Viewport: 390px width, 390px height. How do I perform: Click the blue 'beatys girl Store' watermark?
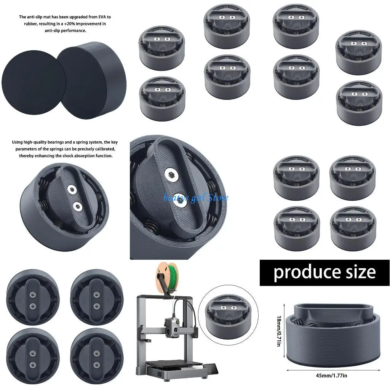point(196,198)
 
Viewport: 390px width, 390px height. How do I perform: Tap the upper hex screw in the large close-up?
point(172,175)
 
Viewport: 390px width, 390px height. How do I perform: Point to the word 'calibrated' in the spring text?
point(103,149)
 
